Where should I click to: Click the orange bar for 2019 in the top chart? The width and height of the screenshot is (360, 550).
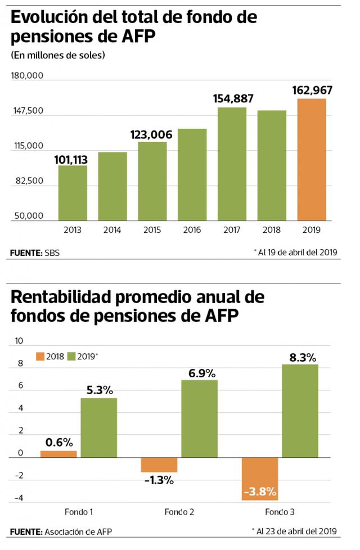coord(312,160)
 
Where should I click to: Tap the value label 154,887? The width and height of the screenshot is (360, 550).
coord(233,98)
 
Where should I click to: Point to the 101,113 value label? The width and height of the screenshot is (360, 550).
coord(71,160)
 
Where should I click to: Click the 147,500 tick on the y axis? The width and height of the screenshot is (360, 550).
coord(28,111)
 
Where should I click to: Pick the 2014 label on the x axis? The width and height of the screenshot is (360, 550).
coord(112,230)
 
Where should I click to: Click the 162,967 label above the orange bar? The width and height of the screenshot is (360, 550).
coord(312,90)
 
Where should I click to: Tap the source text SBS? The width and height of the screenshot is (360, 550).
coord(52,253)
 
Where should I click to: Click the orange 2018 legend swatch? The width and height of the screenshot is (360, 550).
coord(40,356)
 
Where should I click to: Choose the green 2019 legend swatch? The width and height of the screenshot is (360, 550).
coord(71,356)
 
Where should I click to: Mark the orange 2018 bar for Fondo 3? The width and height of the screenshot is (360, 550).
coord(260,479)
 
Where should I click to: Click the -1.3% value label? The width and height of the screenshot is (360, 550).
coord(159,480)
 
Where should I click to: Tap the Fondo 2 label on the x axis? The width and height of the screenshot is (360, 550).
coord(179,512)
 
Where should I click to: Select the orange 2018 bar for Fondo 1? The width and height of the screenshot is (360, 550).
coord(58,454)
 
